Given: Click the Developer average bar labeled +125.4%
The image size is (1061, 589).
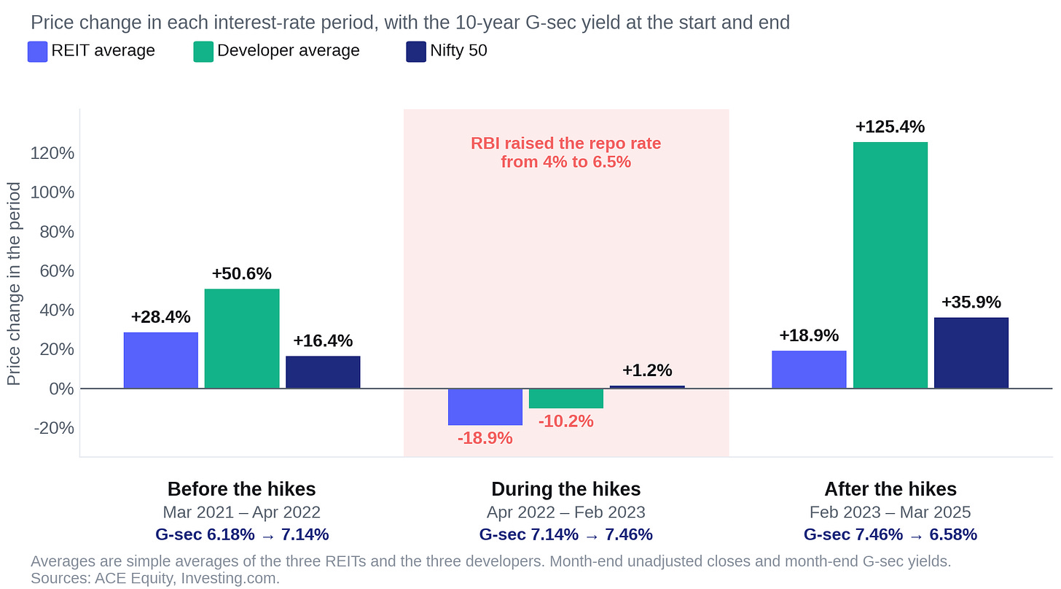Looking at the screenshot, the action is point(890,265).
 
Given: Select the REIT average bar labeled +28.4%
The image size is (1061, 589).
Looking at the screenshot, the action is point(160,360).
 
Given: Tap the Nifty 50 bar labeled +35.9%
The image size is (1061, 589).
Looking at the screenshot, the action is point(971,353).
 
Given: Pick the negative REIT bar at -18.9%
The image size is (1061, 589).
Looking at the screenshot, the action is point(485,407).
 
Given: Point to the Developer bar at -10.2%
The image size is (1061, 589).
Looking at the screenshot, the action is point(566,398).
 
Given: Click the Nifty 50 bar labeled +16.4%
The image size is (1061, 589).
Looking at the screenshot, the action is point(323,372).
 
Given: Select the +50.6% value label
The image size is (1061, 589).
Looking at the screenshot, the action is point(242,273).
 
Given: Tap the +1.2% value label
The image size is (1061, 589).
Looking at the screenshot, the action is point(647,370).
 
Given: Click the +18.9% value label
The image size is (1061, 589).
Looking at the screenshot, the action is point(809,335).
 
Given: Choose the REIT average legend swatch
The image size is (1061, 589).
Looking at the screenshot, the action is point(37,52).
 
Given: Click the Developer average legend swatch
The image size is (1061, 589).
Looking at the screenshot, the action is point(203,52).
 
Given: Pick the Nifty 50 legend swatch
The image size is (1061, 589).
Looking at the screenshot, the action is point(416,52).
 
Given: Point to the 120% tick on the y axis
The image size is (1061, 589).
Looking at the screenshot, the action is point(52,153).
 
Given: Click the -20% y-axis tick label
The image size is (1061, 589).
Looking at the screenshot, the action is point(54,428).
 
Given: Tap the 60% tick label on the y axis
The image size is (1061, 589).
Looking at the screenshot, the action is point(57,270).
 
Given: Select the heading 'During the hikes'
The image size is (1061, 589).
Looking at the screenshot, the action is point(566,489).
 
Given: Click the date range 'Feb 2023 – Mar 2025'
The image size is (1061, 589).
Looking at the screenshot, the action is point(890,512).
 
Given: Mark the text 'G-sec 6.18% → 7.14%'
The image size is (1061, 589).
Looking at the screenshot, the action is point(242,534).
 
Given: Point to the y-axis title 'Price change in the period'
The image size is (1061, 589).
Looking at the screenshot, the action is point(14,284).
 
